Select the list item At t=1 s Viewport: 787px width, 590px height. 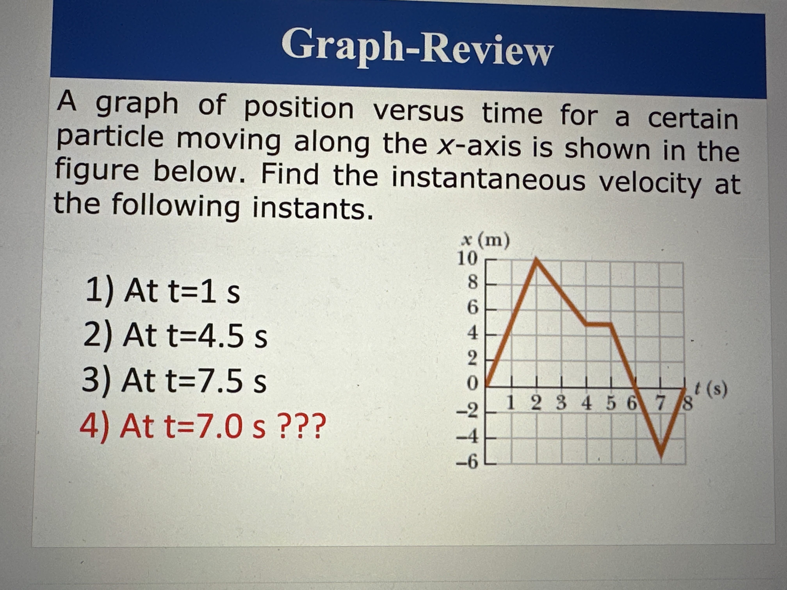click(x=163, y=291)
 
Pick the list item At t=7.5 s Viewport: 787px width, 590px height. click(x=174, y=380)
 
